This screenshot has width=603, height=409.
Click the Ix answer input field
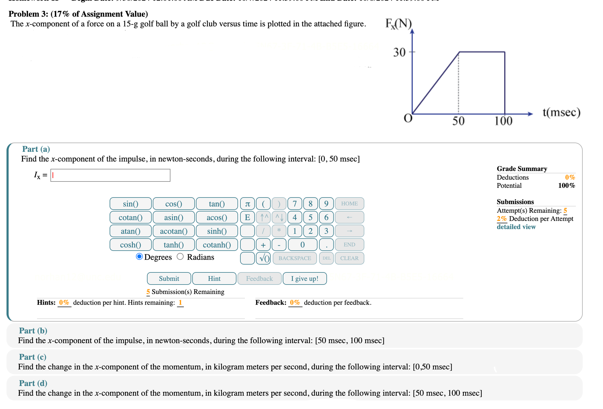110,175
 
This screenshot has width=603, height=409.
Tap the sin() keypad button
130,204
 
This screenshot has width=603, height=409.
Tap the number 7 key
295,204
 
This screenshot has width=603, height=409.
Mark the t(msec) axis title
561,113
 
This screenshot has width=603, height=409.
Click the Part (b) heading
33,331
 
